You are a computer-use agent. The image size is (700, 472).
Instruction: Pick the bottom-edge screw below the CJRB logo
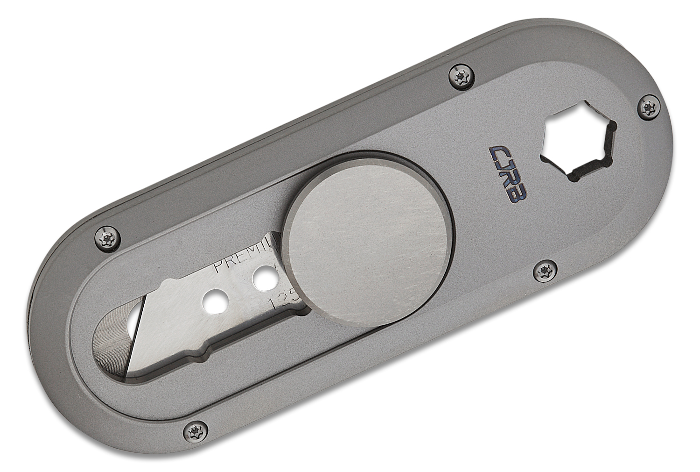(544, 270)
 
